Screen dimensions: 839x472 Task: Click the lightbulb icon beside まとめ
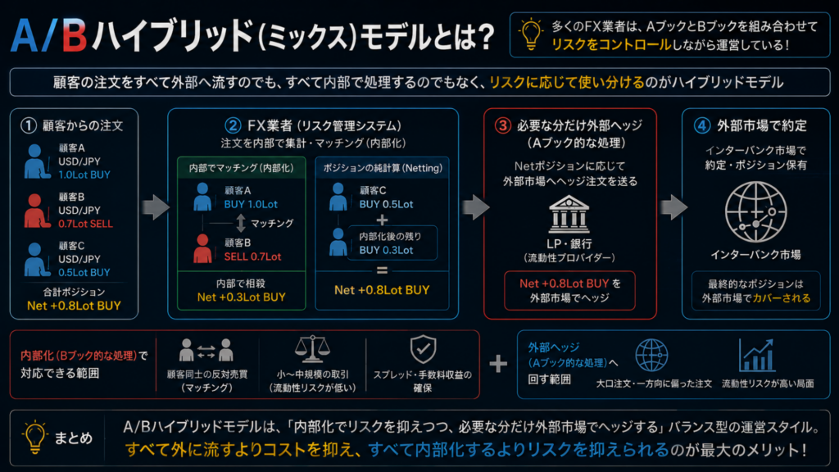coord(34,438)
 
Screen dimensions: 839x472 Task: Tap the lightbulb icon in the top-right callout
coord(531,34)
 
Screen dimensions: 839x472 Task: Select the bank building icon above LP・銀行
coord(569,214)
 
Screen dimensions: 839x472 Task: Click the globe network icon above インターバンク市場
coord(755,212)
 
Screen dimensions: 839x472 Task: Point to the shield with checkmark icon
coord(423,349)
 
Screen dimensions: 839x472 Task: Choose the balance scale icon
coord(312,349)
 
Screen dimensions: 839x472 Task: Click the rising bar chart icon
coord(756,356)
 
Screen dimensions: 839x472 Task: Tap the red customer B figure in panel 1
coord(36,211)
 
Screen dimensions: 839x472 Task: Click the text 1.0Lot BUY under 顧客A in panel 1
coord(84,175)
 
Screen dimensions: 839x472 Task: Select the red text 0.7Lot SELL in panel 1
coord(85,224)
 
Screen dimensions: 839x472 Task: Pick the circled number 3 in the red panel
coord(502,125)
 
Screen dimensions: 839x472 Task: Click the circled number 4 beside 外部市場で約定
coord(702,125)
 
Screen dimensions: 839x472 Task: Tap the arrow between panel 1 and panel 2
coord(156,207)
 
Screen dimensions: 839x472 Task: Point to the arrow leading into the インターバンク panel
coord(674,207)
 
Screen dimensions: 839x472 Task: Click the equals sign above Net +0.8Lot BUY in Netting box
coord(382,270)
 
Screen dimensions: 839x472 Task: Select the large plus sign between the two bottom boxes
coord(498,364)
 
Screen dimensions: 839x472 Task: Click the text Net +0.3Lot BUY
coord(242,297)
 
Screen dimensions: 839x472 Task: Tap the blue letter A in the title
coord(25,36)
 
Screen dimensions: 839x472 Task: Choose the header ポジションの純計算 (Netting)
coord(383,168)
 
